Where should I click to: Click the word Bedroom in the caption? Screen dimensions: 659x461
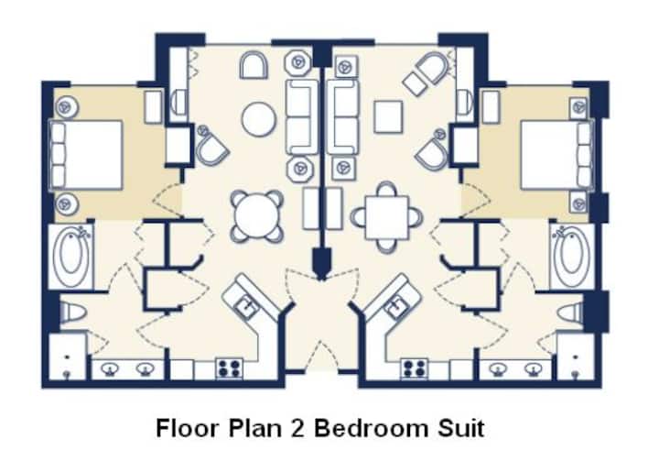tap(372, 428)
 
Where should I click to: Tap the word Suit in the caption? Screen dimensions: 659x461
tap(460, 428)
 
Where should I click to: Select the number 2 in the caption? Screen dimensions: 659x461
tap(297, 428)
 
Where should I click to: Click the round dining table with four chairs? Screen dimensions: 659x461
tap(257, 216)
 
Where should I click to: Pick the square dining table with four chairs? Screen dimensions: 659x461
tap(386, 217)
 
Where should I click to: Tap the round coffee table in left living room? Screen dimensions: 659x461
tap(259, 119)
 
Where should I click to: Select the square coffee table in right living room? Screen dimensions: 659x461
tap(388, 116)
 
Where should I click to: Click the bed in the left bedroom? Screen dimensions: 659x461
tap(86, 155)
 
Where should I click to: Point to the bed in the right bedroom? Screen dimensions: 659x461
tap(556, 155)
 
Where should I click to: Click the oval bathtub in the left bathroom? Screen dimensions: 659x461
tap(71, 257)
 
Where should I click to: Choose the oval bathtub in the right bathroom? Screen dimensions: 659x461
tap(571, 257)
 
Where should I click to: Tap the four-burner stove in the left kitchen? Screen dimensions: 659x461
tap(230, 368)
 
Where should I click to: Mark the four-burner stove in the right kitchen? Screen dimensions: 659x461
tap(415, 368)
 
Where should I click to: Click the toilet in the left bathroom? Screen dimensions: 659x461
tap(72, 313)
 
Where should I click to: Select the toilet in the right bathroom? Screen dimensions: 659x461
tap(571, 313)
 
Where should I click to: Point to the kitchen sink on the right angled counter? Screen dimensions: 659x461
tap(396, 305)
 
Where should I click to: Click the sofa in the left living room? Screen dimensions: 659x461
tap(302, 117)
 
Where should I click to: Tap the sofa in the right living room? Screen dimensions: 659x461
tap(343, 117)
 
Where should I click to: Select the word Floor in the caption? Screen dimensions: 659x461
tap(188, 428)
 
